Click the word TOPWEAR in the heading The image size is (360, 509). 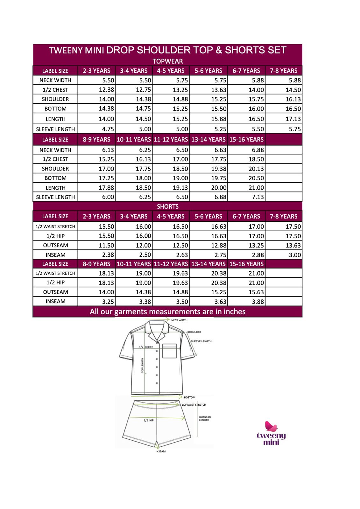[x=167, y=61]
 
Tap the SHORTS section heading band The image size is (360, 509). [x=167, y=206]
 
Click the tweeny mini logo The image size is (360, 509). [x=271, y=433]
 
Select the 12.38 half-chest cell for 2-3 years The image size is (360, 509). [x=96, y=90]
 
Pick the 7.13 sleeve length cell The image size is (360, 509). [x=247, y=197]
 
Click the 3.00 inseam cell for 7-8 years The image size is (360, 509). [x=284, y=255]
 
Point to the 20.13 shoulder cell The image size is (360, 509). [x=247, y=169]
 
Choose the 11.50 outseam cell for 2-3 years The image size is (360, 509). [x=96, y=245]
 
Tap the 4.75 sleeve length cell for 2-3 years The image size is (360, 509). [x=96, y=129]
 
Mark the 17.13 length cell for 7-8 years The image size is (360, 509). [x=284, y=119]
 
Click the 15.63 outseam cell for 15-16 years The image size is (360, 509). [x=247, y=292]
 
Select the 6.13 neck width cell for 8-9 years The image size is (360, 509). [x=96, y=150]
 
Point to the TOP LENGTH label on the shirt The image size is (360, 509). [x=142, y=365]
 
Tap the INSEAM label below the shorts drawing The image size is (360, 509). [x=160, y=451]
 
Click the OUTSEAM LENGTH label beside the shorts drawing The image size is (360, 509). [x=205, y=418]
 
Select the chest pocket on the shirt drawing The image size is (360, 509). [x=169, y=351]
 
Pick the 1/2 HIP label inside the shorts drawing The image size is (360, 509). [x=149, y=420]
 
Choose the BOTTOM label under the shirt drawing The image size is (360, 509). [x=190, y=397]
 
